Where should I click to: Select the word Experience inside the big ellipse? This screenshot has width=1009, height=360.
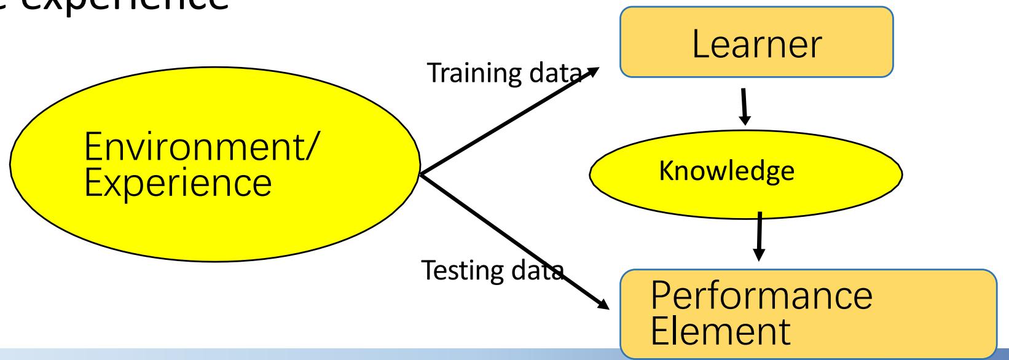(x=178, y=182)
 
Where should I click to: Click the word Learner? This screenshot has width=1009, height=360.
(x=757, y=43)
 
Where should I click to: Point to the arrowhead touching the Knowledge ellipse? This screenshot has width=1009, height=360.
(x=747, y=119)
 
